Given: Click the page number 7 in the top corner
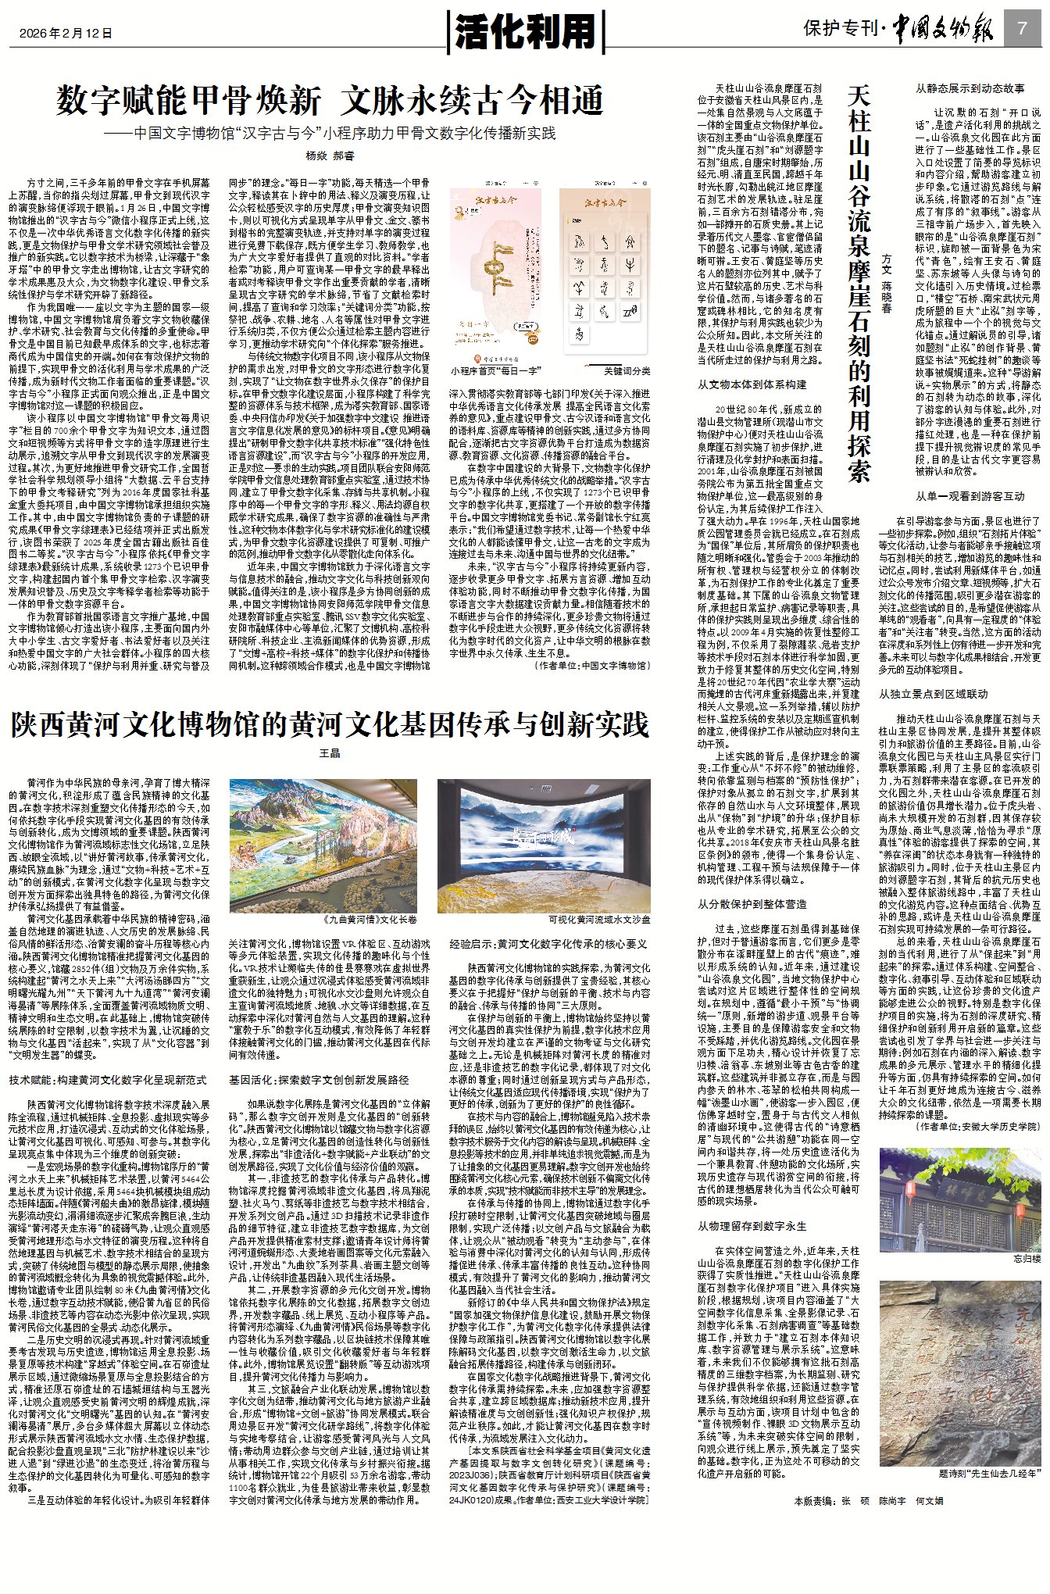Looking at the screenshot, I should [1022, 28].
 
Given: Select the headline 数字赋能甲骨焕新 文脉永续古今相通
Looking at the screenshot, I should [330, 101].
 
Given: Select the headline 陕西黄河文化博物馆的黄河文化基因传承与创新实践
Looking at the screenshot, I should [330, 725].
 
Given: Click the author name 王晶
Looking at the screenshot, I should [330, 754].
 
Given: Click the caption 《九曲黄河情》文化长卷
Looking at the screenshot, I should [370, 920].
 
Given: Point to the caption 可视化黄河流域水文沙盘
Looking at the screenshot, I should [599, 920].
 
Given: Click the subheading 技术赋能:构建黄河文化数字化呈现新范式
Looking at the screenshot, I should [108, 1080].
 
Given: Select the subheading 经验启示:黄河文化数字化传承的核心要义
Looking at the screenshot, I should [548, 943].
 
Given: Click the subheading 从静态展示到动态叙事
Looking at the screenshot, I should [970, 88].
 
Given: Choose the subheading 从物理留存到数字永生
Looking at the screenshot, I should [752, 1226].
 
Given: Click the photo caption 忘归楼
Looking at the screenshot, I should [1027, 1258].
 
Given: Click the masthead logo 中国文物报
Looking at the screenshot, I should [943, 30].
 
